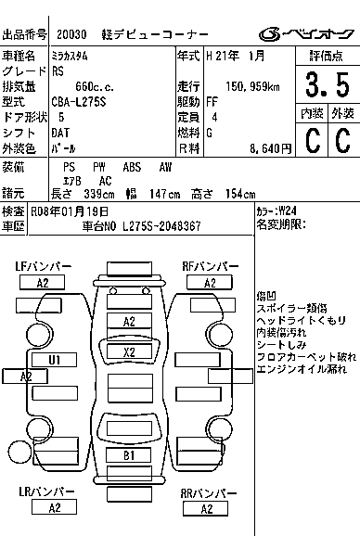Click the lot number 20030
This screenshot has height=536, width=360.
coord(71,34)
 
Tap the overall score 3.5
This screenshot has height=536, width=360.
coord(328,84)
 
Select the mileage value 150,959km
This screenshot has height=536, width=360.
coord(252,86)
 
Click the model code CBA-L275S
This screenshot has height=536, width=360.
coord(79,102)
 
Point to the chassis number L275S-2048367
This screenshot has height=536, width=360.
coord(161,226)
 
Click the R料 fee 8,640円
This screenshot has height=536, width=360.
coord(271,148)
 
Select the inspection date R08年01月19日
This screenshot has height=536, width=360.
coord(70,211)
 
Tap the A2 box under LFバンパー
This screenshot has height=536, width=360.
coord(43,283)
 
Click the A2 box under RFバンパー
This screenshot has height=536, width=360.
coord(210,283)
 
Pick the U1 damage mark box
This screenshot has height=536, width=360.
coord(54,360)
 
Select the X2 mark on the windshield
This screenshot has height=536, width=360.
coord(129,351)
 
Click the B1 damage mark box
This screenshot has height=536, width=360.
coord(129,455)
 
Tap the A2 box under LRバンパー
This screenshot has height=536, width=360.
coord(54,507)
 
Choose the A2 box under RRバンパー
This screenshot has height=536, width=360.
coord(206,509)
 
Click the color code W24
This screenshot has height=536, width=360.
coord(288,211)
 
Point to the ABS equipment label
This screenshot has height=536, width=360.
coord(132,167)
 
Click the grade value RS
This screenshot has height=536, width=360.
coord(58,71)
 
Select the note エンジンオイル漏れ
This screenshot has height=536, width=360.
coord(302,369)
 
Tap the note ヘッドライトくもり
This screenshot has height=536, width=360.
coord(302,320)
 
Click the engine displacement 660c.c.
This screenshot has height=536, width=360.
coord(95,87)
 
